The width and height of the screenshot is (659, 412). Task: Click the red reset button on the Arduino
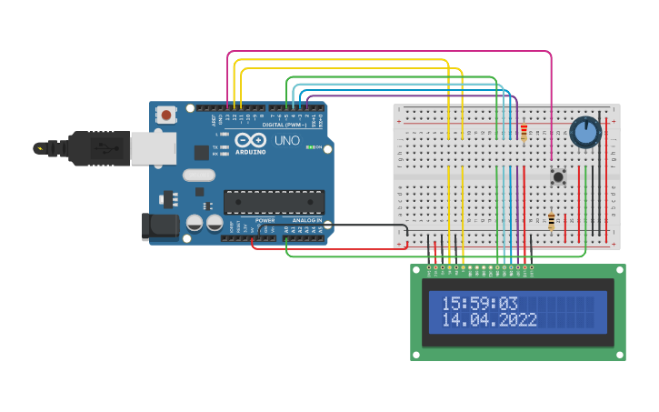click(x=166, y=115)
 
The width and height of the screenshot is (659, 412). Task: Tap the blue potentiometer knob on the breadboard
click(x=586, y=133)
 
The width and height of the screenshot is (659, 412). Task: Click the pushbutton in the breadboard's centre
click(x=558, y=176)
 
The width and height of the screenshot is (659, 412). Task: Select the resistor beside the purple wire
click(x=524, y=134)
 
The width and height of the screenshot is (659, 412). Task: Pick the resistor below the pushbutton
click(x=552, y=221)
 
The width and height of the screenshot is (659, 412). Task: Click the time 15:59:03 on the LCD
click(x=479, y=304)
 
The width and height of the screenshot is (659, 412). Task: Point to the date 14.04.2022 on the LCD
click(x=489, y=320)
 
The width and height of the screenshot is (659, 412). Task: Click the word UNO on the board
click(x=286, y=141)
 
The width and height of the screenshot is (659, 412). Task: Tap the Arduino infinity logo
click(x=250, y=140)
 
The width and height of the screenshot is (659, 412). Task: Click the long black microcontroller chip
click(x=274, y=202)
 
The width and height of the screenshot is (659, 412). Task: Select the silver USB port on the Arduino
click(x=153, y=148)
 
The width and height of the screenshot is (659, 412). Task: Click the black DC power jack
click(x=160, y=226)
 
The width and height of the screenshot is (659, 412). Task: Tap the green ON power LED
click(x=311, y=147)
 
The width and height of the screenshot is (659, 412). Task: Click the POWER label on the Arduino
click(x=265, y=220)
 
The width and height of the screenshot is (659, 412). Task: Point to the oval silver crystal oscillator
click(x=198, y=175)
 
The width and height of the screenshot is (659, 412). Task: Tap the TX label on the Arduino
click(x=215, y=146)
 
